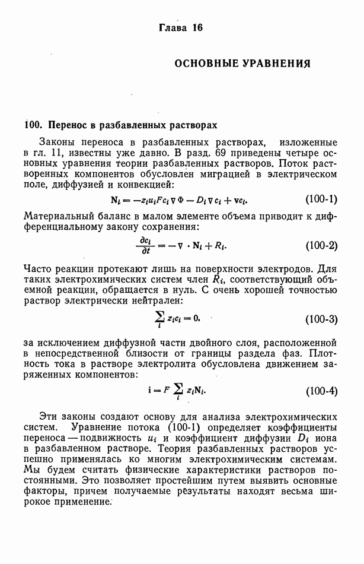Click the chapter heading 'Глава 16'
coord(181,28)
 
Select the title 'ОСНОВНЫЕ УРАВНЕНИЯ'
coord(242,62)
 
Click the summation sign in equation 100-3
coord(159,318)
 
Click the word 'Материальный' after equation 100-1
coord(58,215)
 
